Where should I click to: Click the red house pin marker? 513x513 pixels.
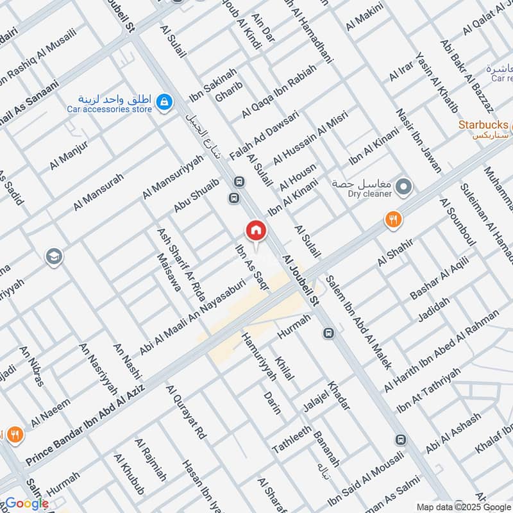point(256,230)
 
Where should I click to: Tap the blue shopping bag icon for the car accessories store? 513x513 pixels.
point(165,101)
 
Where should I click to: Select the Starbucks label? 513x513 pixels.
point(483,124)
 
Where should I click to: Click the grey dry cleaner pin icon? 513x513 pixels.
point(403,188)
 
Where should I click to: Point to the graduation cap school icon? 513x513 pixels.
point(54,257)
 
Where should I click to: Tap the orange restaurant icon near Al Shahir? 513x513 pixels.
point(393,219)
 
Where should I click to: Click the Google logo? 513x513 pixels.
point(26,503)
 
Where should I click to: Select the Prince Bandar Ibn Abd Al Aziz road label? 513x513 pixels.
point(87,421)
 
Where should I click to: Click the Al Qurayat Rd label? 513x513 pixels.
point(185,412)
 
